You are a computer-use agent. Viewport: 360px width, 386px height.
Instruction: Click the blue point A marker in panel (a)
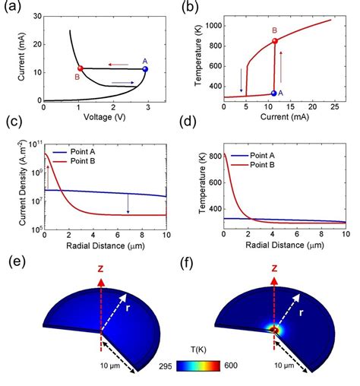(145, 69)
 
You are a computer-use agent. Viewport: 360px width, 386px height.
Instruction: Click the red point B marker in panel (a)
(81, 68)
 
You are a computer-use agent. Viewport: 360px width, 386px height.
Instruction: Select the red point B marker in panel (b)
(275, 40)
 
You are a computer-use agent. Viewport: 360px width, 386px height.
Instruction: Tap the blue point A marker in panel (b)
(274, 93)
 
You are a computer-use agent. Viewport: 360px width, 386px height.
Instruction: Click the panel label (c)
(12, 122)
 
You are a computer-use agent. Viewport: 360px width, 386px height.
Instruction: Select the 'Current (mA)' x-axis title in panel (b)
(284, 119)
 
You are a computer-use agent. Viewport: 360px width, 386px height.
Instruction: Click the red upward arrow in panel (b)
(287, 67)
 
